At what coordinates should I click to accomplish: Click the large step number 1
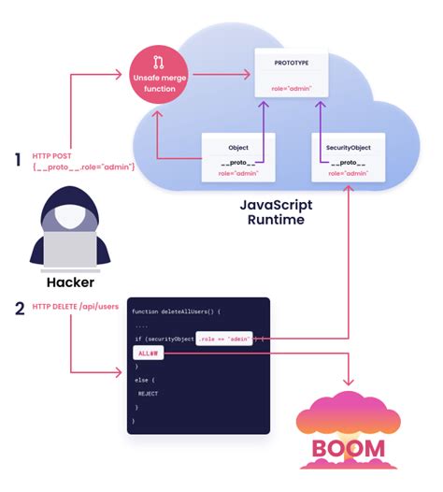tap(17, 160)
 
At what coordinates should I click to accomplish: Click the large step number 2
tap(17, 307)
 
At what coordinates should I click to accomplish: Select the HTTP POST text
tap(52, 154)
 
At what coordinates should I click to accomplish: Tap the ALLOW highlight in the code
tap(148, 353)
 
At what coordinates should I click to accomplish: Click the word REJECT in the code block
tap(150, 395)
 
